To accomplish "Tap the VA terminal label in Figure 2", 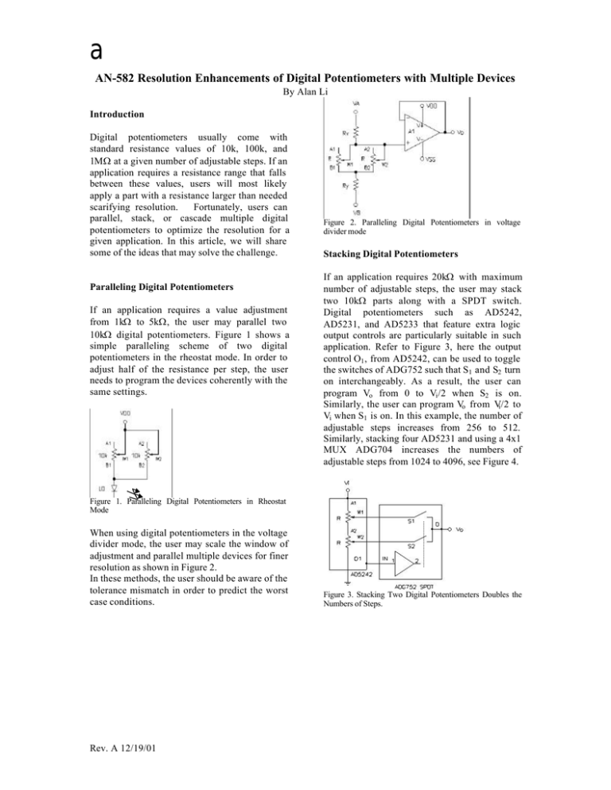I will pyautogui.click(x=356, y=102).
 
